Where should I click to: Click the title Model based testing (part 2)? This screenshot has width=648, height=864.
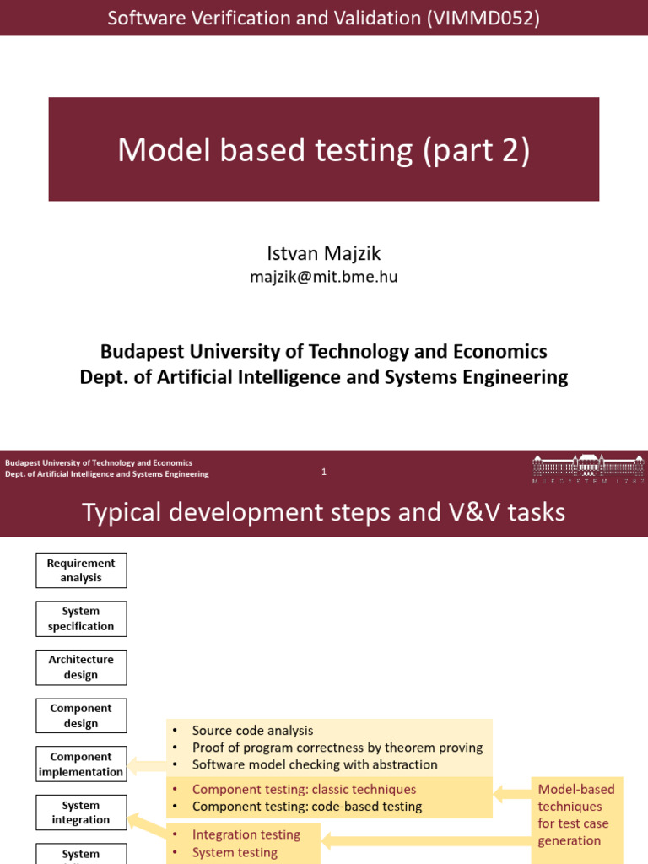click(x=324, y=150)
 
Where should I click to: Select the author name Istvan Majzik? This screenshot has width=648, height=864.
click(x=324, y=253)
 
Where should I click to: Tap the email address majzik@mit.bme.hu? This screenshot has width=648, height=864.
click(x=324, y=277)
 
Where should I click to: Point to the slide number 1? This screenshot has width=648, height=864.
click(x=324, y=472)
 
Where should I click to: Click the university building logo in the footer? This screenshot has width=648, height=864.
click(x=587, y=467)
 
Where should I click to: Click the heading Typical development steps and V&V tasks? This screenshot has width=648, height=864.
click(x=324, y=512)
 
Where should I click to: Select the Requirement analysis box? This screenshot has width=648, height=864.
click(x=81, y=570)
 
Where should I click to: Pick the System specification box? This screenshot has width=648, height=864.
click(x=81, y=618)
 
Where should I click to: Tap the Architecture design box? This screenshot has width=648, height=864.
click(x=81, y=667)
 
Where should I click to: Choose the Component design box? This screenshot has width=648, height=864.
click(x=81, y=715)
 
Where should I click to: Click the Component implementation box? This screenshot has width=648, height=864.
click(x=81, y=764)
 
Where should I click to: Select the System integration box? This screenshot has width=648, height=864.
click(x=81, y=813)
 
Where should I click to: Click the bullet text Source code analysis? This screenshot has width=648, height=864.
click(x=252, y=731)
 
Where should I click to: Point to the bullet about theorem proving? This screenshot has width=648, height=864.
click(x=337, y=748)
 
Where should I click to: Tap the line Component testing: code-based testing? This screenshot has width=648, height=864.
click(x=307, y=806)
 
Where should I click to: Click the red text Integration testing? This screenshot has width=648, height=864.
click(x=246, y=834)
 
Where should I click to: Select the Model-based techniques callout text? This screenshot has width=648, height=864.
click(x=576, y=814)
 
